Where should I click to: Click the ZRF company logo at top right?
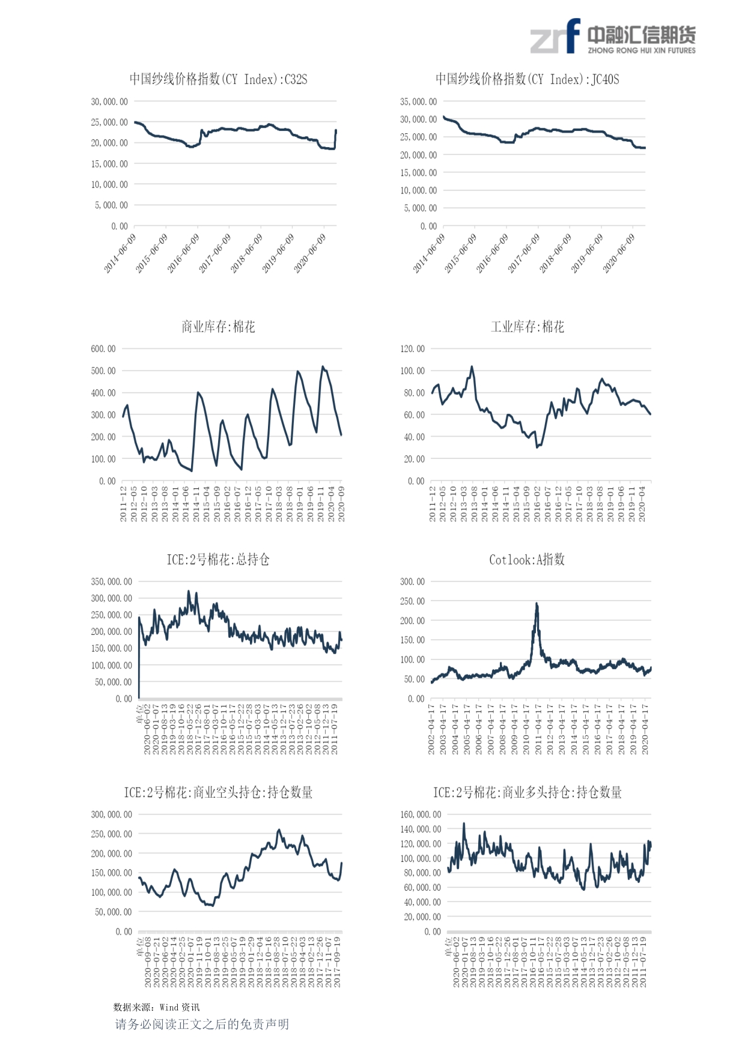[612, 37]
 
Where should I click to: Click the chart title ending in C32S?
[218, 79]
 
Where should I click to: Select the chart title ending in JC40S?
[527, 79]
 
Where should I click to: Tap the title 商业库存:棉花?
[218, 327]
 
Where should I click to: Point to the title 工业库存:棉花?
[527, 327]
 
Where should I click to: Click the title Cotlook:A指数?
[527, 560]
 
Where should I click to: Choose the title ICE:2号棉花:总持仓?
[218, 560]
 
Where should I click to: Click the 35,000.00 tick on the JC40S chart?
[419, 102]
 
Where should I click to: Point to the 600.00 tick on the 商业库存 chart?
[103, 348]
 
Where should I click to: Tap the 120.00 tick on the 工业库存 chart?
[413, 348]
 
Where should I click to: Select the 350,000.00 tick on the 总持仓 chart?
[112, 581]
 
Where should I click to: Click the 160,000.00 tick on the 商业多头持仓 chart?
[421, 815]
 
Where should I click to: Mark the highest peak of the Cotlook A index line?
[537, 603]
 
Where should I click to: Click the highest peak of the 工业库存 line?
[472, 366]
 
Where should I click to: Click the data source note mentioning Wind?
[156, 1007]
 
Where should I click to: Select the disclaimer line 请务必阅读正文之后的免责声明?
[202, 1024]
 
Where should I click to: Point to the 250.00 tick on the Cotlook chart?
[413, 601]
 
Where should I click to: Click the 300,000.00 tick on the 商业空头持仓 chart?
[112, 815]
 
